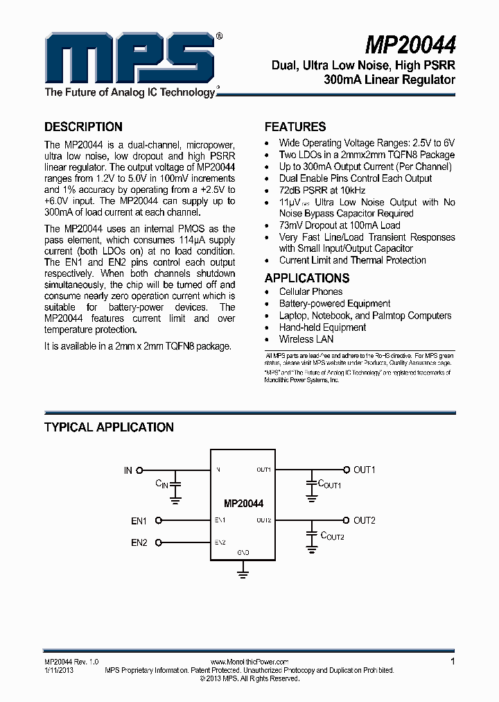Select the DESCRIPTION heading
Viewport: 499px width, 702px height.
pos(83,127)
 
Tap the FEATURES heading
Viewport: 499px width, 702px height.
pos(295,127)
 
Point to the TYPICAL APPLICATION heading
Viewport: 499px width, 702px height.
pos(109,427)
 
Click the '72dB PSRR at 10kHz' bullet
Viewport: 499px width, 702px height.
pos(322,190)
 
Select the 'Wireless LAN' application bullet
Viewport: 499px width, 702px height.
pos(306,339)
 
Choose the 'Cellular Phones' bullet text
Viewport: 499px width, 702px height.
pos(310,292)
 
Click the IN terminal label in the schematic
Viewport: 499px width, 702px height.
pos(128,470)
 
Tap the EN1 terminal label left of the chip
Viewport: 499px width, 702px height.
pos(139,520)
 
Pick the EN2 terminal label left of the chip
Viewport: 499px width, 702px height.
pos(139,542)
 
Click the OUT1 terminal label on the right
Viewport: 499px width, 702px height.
pos(365,470)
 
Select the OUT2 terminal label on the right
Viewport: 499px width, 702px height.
pos(365,520)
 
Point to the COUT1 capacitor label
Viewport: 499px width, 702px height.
pos(329,484)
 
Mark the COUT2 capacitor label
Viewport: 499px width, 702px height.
pos(332,536)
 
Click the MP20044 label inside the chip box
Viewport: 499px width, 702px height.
pos(243,504)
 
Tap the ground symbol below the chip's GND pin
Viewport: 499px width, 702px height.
pos(243,572)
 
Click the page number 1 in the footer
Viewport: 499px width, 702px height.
pos(453,662)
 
